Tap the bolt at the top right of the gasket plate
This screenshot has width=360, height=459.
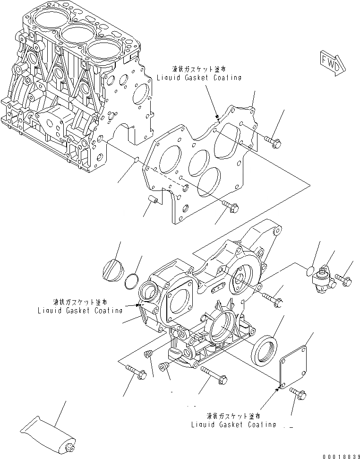point(273,139)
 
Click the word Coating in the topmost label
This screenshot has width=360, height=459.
point(223,78)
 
